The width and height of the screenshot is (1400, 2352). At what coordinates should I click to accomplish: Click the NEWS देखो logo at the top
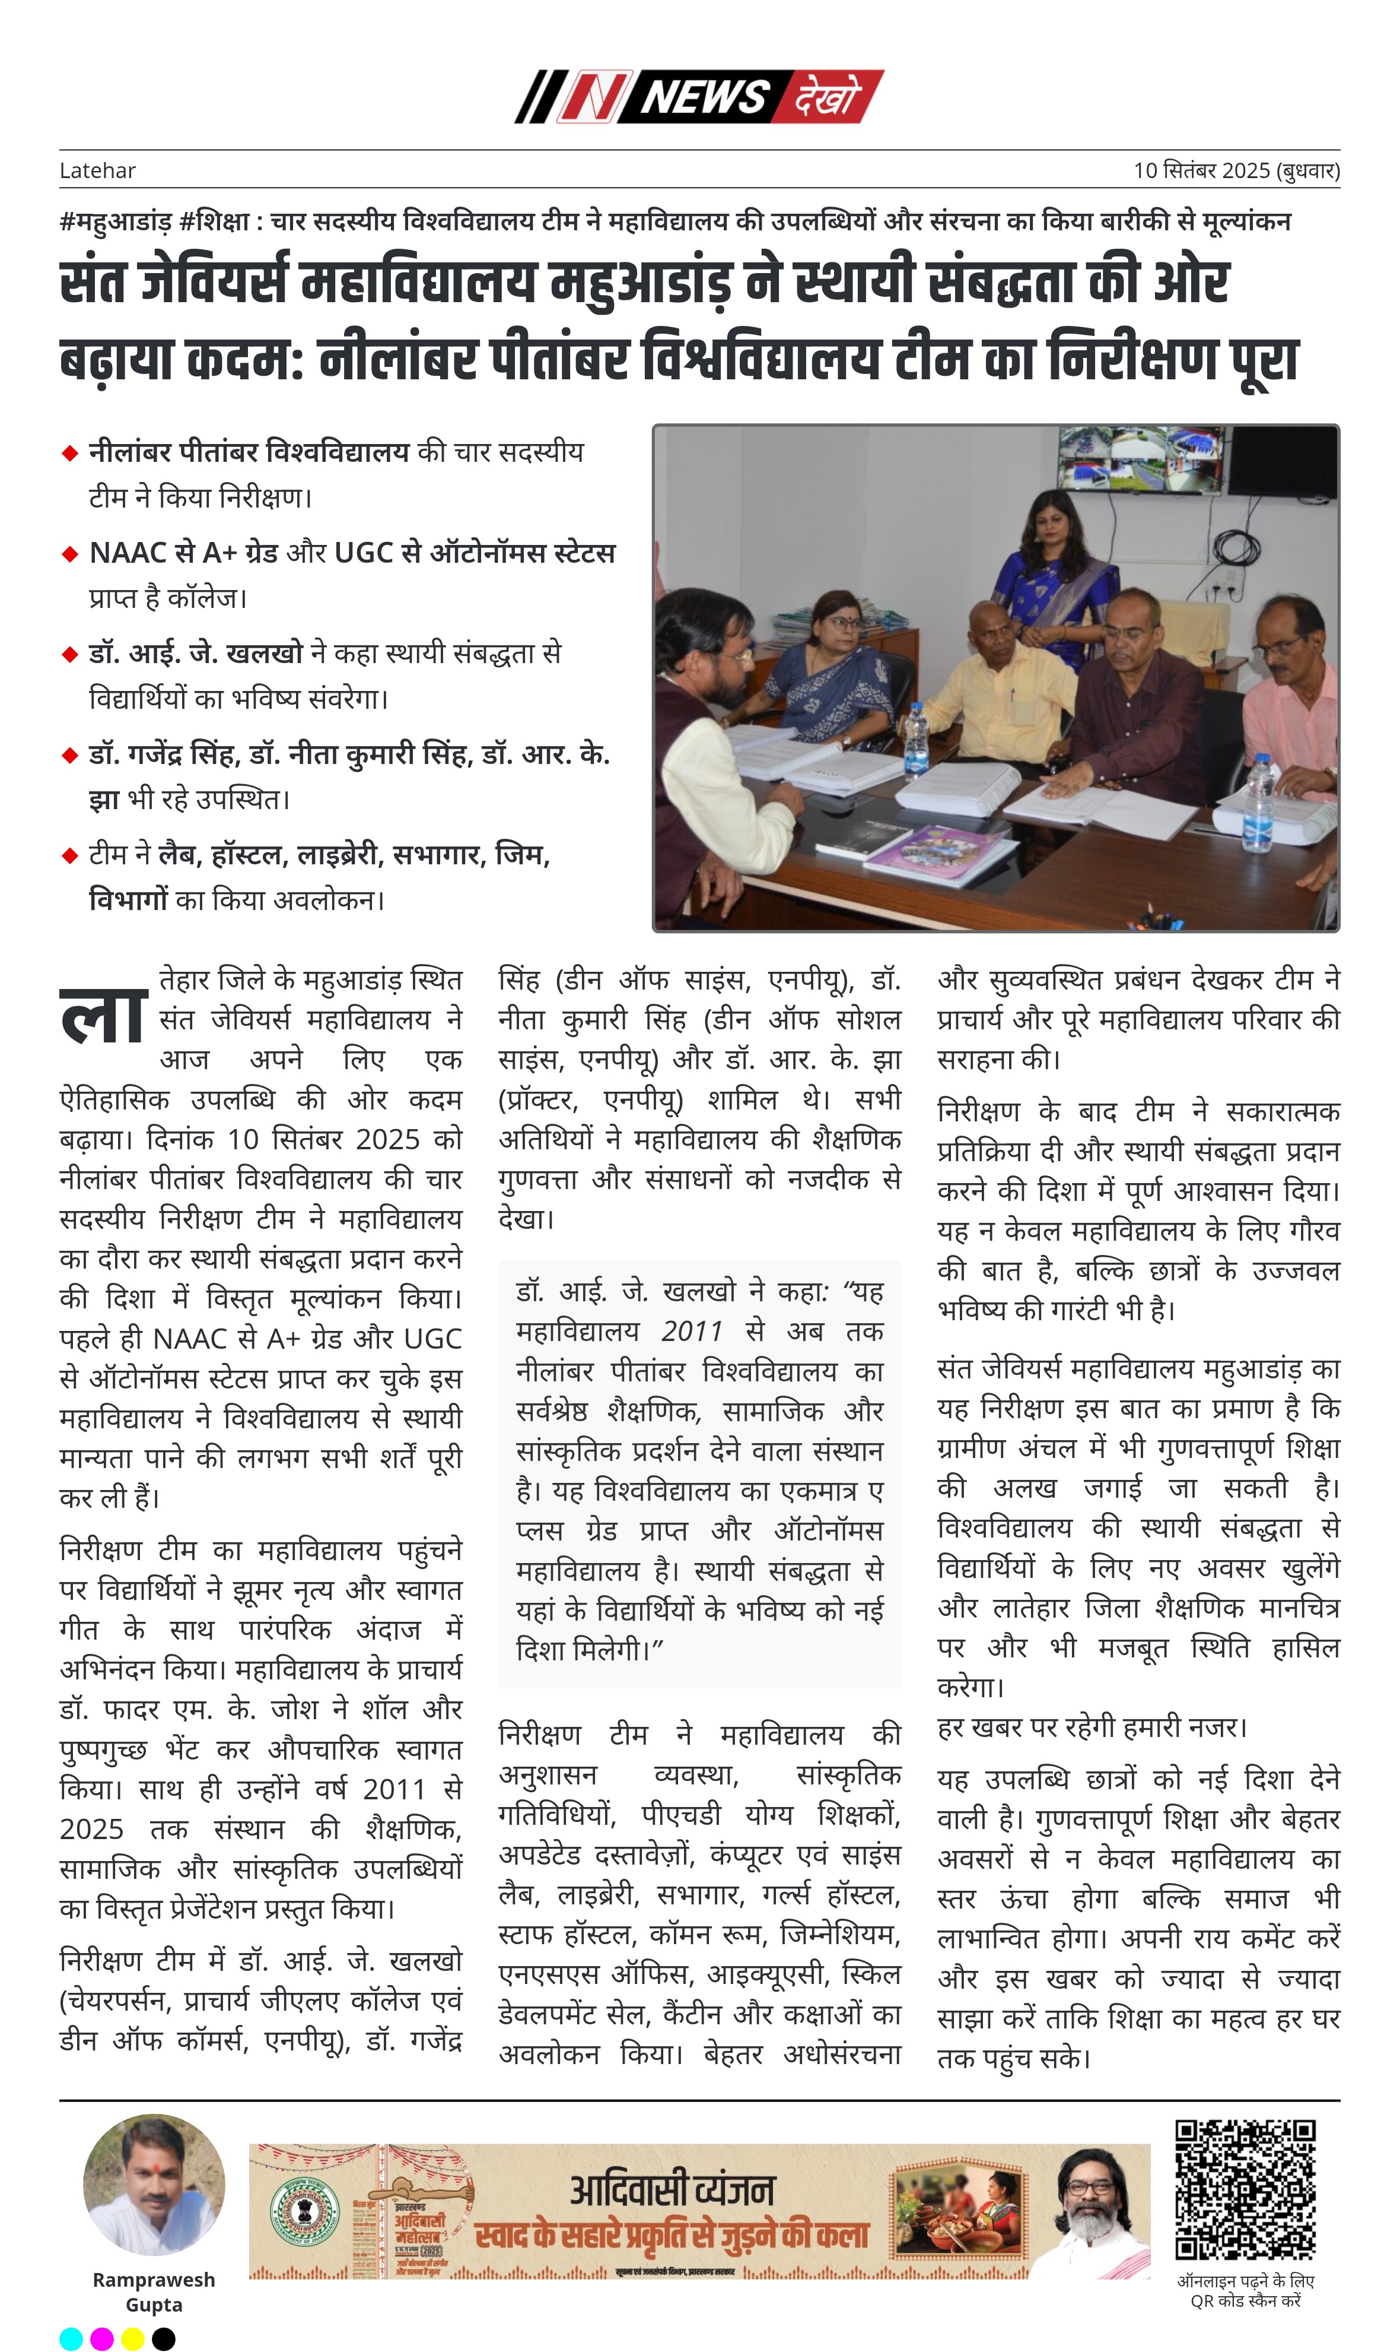point(699,96)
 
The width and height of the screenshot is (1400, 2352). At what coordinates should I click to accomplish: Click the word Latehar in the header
point(97,171)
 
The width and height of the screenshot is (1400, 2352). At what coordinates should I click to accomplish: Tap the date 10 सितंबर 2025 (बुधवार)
point(1236,171)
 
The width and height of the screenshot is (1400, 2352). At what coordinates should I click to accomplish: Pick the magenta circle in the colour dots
point(102,2339)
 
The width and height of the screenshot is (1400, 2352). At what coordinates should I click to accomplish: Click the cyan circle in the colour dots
point(71,2339)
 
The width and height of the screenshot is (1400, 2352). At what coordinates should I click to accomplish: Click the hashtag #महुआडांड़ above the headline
point(115,222)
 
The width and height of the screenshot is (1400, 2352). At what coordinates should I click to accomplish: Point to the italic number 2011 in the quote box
point(692,1332)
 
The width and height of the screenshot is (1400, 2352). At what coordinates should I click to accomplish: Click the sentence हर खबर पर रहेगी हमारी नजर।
point(1092,1727)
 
